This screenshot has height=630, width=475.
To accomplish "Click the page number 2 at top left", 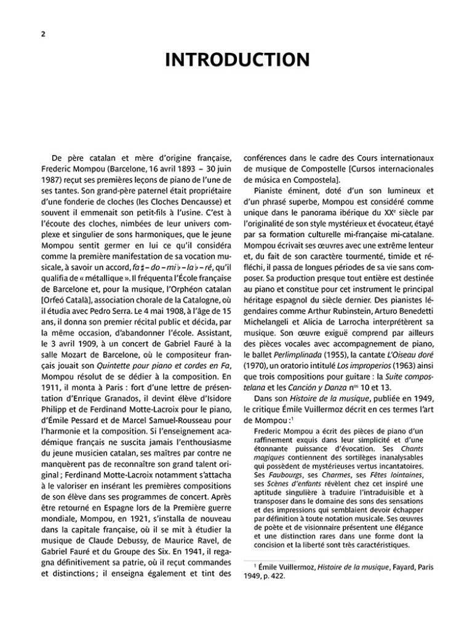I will [36, 35].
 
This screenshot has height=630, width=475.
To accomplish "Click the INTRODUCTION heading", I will [237, 60].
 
